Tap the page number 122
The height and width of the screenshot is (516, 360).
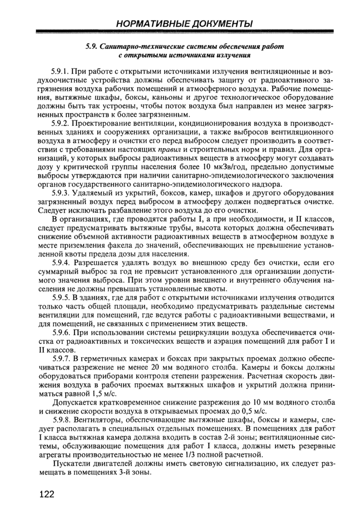pyautogui.click(x=47, y=494)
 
